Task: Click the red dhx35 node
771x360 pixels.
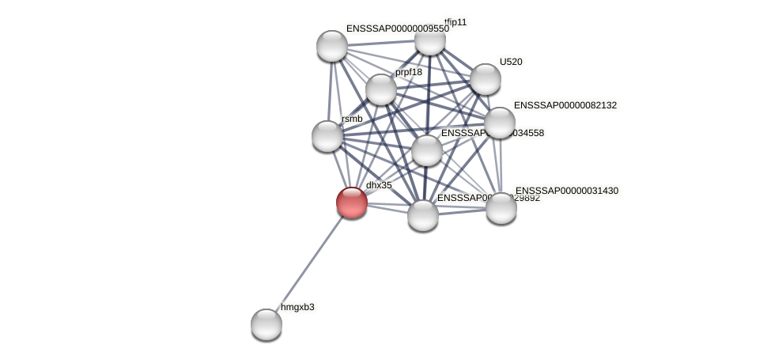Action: (x=352, y=202)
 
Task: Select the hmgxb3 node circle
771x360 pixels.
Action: (x=266, y=324)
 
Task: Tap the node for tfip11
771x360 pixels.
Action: (x=429, y=39)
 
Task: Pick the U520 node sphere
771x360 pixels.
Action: (x=485, y=79)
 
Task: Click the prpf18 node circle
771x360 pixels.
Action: (x=380, y=89)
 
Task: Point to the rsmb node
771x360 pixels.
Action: (x=327, y=136)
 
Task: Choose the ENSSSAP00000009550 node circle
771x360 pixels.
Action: (x=332, y=46)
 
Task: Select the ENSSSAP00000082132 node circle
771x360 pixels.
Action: (x=500, y=123)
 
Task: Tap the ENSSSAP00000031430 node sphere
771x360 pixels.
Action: (x=501, y=207)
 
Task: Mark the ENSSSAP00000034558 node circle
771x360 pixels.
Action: (x=427, y=150)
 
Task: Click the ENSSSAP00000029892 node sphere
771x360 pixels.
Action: (x=423, y=214)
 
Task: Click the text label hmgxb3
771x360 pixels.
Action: (x=297, y=307)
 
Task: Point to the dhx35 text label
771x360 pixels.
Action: (x=379, y=185)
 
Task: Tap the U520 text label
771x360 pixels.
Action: (x=511, y=62)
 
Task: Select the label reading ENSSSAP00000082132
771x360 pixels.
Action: (x=565, y=105)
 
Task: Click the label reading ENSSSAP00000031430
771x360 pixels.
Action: (x=567, y=191)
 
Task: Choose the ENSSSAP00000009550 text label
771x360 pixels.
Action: (x=397, y=28)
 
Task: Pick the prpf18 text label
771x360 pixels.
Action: (x=409, y=72)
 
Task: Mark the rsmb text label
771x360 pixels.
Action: (x=352, y=119)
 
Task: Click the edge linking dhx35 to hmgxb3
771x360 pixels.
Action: (x=309, y=263)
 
